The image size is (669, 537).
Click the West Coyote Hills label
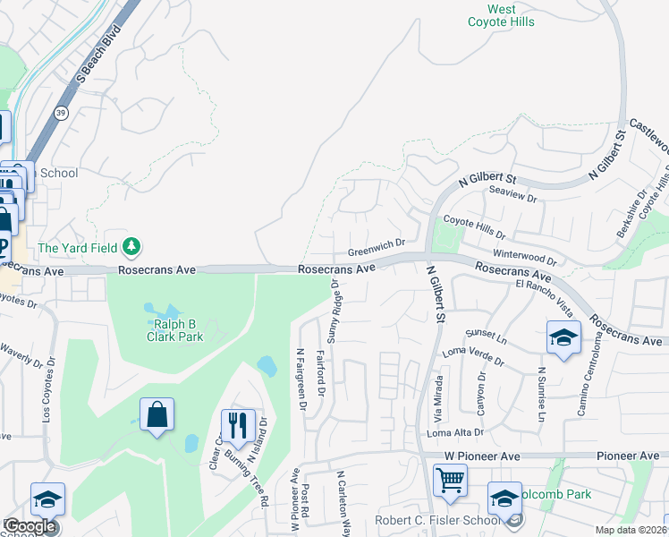pos(502,16)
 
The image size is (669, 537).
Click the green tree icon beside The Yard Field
pos(132,245)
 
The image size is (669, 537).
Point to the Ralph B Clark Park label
pos(175,330)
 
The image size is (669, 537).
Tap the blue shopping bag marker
pos(157,415)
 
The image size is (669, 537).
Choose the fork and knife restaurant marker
pos(237,425)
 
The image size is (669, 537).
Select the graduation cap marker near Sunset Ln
pos(563,338)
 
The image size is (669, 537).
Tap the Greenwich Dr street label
pos(377,243)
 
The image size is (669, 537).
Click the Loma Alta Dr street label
pos(455,432)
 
